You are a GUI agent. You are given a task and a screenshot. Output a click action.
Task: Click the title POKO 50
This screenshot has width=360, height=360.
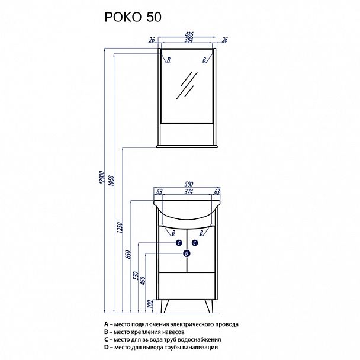click(133, 17)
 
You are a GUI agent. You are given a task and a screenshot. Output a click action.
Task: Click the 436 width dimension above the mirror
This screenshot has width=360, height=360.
click(189, 34)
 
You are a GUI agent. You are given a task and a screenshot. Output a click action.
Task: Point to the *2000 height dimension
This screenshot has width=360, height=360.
click(102, 177)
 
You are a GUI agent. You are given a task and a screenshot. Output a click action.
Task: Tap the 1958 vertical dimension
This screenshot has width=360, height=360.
click(111, 181)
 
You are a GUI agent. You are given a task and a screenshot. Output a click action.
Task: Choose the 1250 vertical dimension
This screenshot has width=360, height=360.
click(120, 227)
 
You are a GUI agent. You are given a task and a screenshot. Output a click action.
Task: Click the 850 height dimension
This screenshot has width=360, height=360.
click(128, 255)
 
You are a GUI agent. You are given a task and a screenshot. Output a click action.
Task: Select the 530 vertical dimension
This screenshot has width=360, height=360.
click(136, 275)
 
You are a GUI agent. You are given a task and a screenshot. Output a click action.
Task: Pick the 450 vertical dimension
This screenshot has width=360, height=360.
click(143, 281)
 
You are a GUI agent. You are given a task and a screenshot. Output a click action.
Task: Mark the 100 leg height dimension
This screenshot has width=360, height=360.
click(150, 304)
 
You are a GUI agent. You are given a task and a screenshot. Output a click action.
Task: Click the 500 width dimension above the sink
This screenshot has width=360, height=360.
click(189, 184)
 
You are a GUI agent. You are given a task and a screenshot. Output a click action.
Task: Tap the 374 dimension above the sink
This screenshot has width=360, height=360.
click(189, 191)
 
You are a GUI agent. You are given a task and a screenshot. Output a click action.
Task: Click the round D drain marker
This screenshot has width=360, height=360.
click(187, 253)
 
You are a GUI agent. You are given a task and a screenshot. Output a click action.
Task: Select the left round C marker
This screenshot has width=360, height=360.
click(179, 243)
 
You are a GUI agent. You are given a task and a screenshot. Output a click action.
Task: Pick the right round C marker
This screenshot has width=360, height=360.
click(195, 243)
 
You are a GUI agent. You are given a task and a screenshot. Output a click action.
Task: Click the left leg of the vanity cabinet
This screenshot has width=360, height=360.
click(165, 306)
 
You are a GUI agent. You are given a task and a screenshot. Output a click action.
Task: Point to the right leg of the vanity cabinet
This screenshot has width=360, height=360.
click(209, 306)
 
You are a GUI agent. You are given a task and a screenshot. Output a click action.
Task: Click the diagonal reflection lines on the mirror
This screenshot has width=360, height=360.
click(187, 85)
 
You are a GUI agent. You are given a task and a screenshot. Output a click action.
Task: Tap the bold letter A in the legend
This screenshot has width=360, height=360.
click(106, 324)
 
